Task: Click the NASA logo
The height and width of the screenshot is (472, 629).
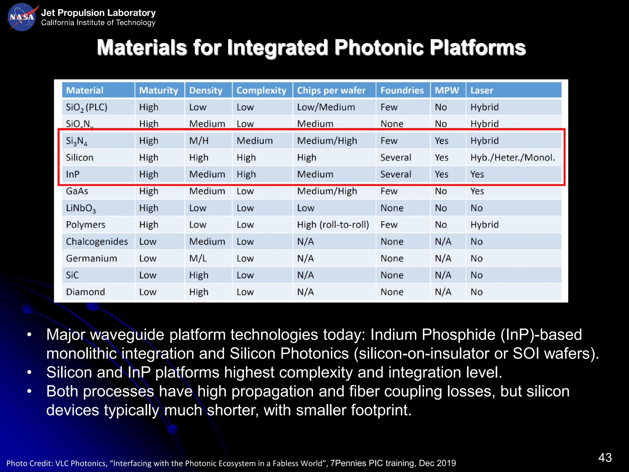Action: tap(21, 17)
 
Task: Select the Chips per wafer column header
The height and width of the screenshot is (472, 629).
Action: tap(331, 90)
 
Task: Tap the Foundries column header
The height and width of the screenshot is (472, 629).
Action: tap(402, 90)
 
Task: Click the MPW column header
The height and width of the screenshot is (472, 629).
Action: tap(447, 90)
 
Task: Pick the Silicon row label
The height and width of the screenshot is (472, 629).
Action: tap(80, 158)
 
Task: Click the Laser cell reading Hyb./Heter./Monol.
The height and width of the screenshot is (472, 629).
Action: tap(512, 158)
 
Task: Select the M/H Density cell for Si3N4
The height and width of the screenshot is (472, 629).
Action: tap(199, 141)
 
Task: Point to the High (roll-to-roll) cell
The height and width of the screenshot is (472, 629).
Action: tap(333, 225)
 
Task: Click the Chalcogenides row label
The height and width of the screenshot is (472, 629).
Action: tap(97, 242)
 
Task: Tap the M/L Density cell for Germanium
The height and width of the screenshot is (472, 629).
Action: tap(198, 258)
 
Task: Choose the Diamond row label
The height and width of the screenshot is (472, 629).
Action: tap(85, 292)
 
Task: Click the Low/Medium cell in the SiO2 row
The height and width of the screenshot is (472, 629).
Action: tap(326, 107)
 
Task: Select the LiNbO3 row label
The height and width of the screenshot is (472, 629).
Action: tap(81, 208)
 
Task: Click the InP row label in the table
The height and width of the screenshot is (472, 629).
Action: tap(73, 174)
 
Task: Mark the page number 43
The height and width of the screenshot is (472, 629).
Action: tap(605, 458)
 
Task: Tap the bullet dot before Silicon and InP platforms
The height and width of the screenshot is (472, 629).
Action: tap(29, 372)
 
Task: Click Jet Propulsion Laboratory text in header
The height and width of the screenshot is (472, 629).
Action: tap(98, 13)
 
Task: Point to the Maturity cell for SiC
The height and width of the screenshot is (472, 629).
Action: tap(148, 275)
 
